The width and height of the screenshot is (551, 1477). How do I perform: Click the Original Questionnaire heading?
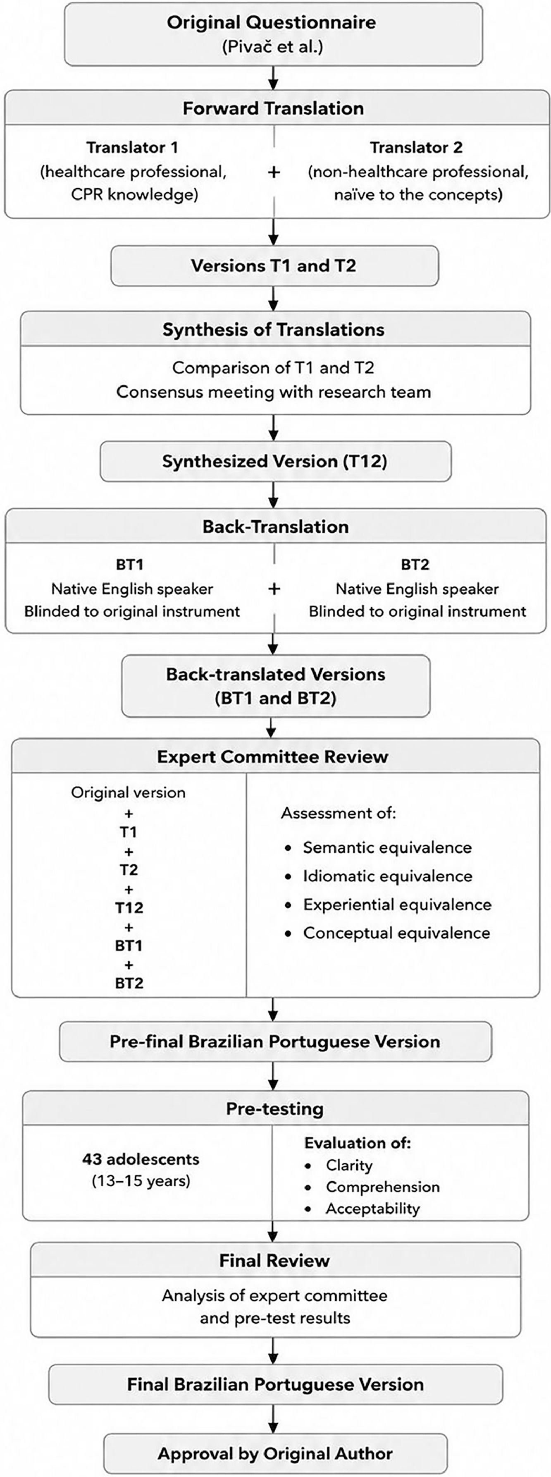[x=272, y=22]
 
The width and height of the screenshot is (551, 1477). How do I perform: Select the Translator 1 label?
[x=132, y=147]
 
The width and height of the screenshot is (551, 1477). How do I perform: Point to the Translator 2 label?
[x=416, y=147]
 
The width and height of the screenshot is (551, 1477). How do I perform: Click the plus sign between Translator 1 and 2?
[x=274, y=171]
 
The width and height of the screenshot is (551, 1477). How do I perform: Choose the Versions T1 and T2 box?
[x=274, y=266]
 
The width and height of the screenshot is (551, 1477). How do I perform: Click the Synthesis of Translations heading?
[x=273, y=330]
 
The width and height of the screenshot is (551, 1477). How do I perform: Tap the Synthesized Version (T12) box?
[x=275, y=462]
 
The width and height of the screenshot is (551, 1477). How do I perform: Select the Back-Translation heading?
[x=275, y=527]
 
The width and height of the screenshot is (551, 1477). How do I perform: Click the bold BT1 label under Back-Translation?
[x=129, y=565]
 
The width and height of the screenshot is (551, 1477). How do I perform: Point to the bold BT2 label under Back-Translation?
[x=415, y=565]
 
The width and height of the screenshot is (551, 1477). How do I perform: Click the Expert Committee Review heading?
[x=273, y=757]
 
